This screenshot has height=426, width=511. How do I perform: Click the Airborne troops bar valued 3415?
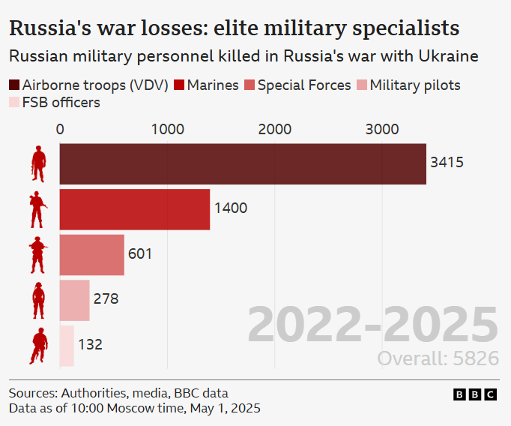click(x=242, y=163)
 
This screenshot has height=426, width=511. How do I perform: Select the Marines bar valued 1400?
click(x=134, y=209)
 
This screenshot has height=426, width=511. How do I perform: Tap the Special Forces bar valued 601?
click(x=91, y=255)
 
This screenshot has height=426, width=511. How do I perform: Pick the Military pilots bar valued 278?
click(x=74, y=300)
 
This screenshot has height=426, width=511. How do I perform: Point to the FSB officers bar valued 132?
click(x=67, y=346)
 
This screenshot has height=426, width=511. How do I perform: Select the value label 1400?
click(x=231, y=208)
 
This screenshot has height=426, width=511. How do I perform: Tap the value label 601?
click(x=140, y=253)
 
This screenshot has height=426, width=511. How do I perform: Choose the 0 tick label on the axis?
click(x=60, y=129)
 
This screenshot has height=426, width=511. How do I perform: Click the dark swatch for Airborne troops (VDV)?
click(x=14, y=85)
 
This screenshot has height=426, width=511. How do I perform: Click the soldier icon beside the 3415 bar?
click(x=38, y=163)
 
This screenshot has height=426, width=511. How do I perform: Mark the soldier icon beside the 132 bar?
click(x=38, y=346)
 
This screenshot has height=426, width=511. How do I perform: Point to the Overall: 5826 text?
click(x=438, y=358)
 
